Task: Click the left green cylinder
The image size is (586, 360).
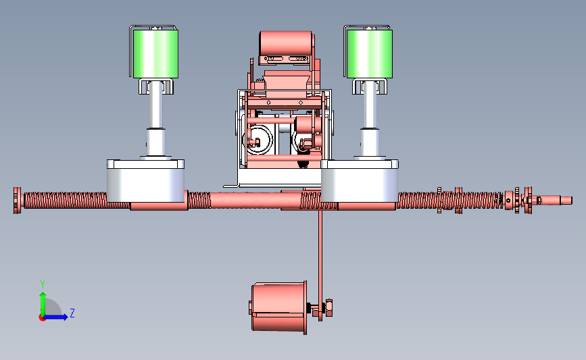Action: pos(155,54)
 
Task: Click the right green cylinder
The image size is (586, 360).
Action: pos(369,54)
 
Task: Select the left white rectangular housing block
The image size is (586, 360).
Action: pos(146,181)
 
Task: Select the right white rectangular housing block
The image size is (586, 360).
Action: pos(360,181)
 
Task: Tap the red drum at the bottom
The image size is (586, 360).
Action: pos(278,307)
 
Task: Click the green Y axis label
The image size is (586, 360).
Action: pos(43,284)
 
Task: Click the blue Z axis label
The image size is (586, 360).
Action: pos(72,313)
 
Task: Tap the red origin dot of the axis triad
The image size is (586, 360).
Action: pos(42,317)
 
